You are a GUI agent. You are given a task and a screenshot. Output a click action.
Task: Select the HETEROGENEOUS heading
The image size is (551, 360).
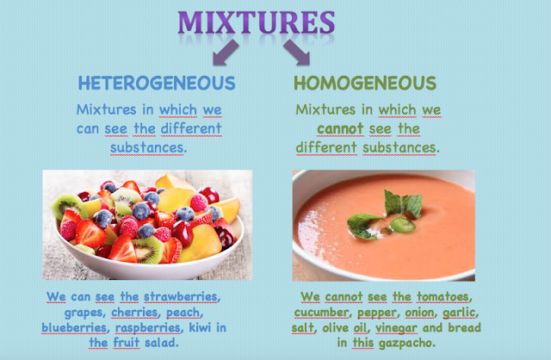click(x=156, y=84)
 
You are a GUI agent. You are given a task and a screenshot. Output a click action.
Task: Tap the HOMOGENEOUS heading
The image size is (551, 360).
click(x=365, y=84)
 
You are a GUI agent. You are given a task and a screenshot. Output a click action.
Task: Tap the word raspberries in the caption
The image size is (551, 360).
click(x=158, y=328)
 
